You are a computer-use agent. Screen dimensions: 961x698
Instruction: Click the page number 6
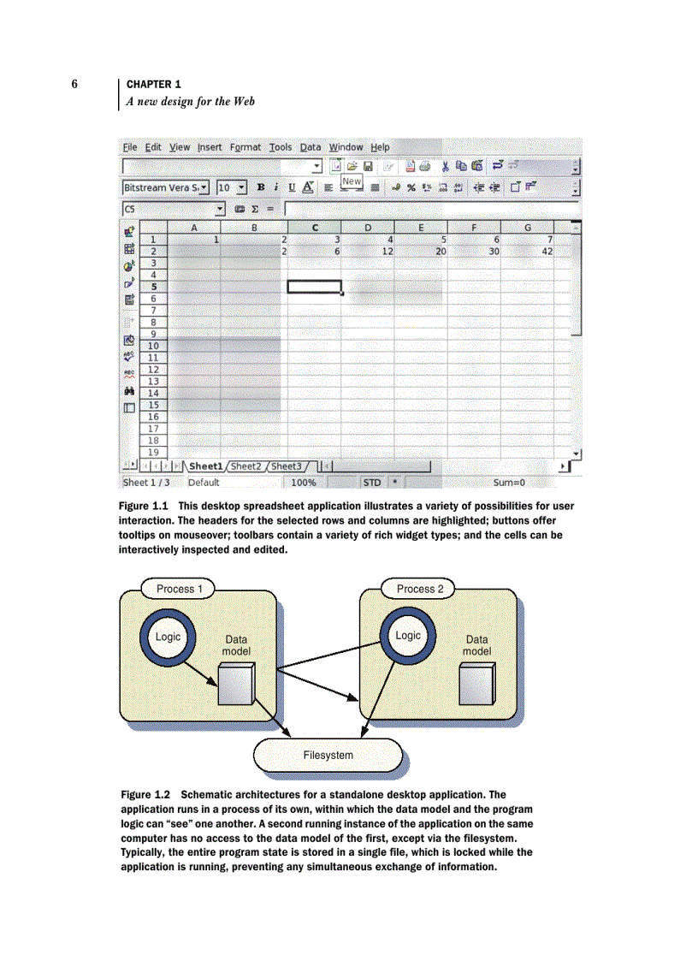click(x=75, y=84)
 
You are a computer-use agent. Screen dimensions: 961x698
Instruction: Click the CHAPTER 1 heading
click(x=153, y=84)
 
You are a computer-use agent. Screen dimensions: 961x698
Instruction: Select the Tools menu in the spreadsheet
click(x=281, y=147)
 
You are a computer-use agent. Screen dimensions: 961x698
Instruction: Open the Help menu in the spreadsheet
click(x=380, y=147)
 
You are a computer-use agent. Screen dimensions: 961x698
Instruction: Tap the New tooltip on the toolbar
click(x=352, y=181)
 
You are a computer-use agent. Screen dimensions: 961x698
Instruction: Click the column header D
click(x=368, y=228)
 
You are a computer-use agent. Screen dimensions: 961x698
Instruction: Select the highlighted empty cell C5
click(x=314, y=287)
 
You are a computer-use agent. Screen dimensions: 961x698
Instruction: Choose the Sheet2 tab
click(x=246, y=466)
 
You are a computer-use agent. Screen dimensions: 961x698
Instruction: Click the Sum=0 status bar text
click(x=508, y=483)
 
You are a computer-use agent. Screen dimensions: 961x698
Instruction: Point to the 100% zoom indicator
click(x=303, y=483)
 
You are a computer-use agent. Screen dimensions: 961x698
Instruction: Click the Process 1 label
click(x=180, y=589)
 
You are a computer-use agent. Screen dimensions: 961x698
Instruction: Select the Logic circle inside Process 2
click(x=408, y=636)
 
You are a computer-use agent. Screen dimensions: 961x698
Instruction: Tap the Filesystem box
click(x=328, y=755)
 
